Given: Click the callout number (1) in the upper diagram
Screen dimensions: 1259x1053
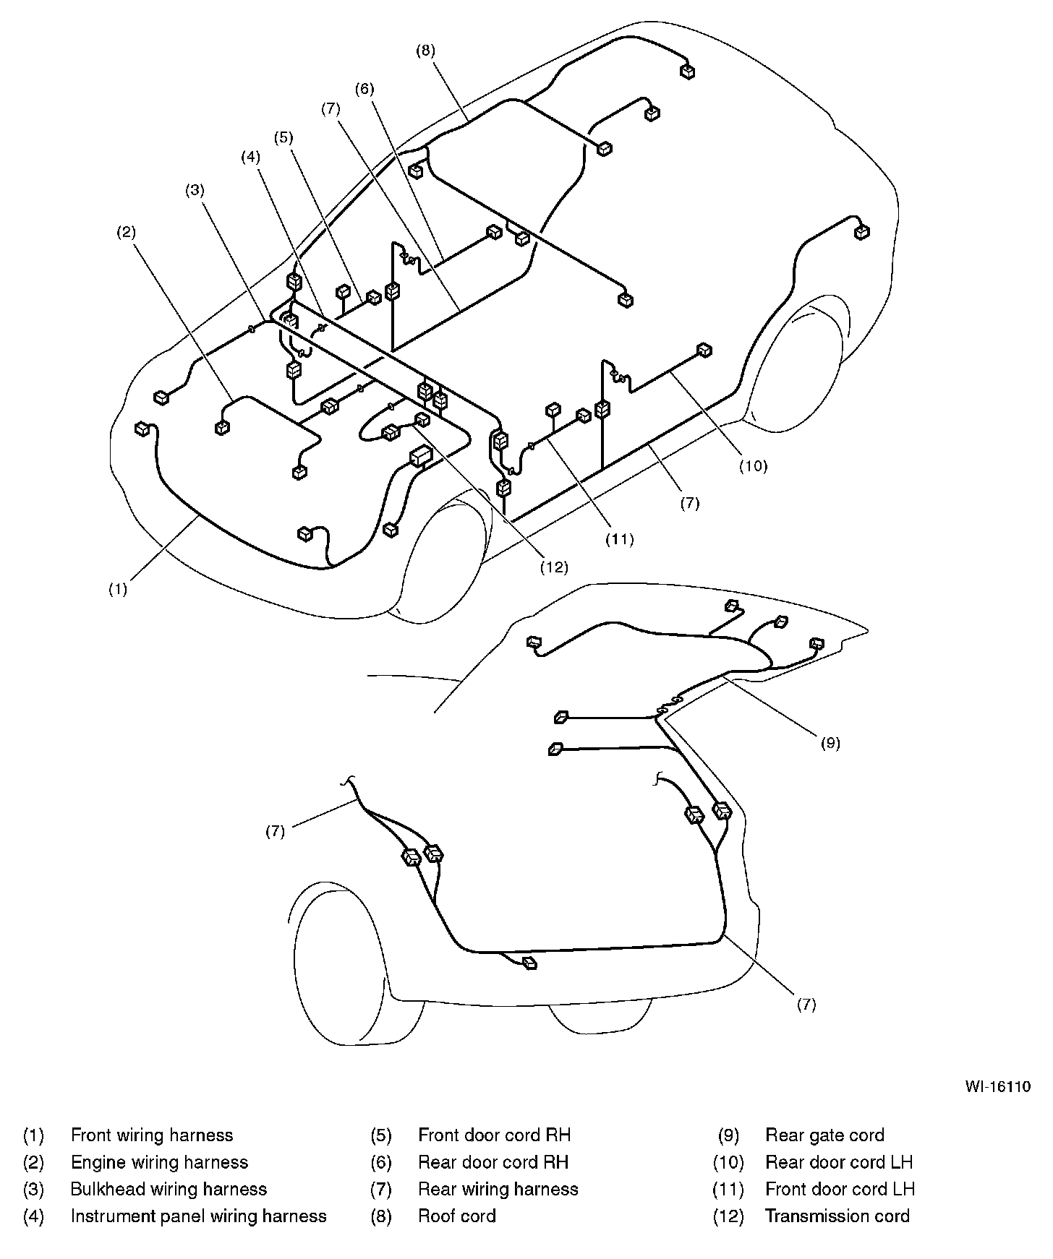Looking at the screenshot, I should point(118,588).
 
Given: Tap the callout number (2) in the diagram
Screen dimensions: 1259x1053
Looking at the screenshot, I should point(127,232).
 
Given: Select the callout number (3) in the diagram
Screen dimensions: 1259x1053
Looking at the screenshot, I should point(195,190).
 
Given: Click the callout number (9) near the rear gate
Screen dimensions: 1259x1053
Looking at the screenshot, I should point(830,742).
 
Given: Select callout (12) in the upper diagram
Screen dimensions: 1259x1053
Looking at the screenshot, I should point(555,567).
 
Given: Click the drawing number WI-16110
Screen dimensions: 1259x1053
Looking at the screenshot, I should point(997,1086).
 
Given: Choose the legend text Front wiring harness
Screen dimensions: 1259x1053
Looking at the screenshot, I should point(152,1135).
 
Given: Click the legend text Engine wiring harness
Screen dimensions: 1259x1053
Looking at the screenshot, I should point(159,1162).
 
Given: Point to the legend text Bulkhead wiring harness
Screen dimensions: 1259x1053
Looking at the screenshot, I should point(169,1189).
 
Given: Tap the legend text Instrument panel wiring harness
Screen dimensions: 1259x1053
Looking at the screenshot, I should point(198,1216).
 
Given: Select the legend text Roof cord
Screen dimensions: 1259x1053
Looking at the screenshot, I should point(457,1216).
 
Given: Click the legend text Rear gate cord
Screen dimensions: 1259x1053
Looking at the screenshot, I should point(824,1135).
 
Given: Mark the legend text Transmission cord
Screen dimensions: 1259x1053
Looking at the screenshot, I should point(837,1216).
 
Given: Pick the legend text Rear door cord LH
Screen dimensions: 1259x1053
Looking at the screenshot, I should point(839,1162).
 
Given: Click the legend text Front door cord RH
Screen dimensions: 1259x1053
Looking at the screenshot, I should point(494,1135).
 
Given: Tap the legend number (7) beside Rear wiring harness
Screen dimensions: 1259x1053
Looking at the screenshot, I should point(380,1189).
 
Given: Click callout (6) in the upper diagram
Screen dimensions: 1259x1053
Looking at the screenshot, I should point(364,89).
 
